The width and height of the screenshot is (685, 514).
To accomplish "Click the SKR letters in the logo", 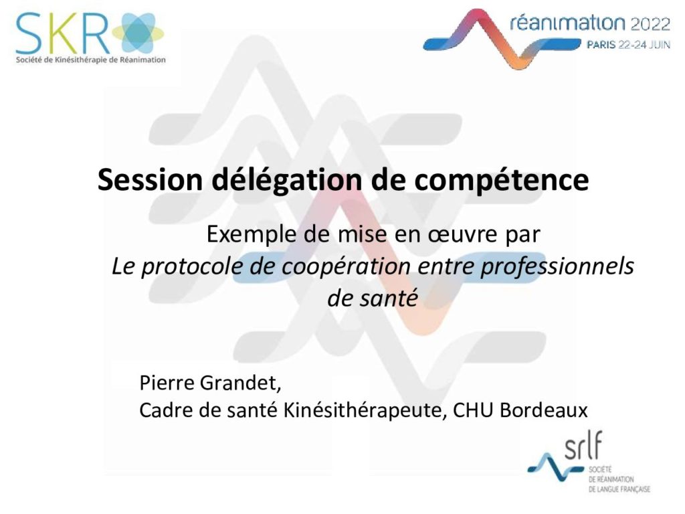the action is tap(62, 33).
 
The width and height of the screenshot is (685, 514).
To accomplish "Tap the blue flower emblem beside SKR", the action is tap(138, 33).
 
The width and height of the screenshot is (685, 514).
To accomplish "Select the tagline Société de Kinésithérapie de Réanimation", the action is tap(91, 60).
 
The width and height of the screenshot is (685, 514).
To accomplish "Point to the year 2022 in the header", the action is tap(650, 23).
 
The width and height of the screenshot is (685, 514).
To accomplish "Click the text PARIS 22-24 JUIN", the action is tap(628, 44).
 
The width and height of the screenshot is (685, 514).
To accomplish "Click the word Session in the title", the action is tap(151, 179).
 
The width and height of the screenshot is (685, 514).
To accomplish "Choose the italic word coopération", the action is tap(346, 266).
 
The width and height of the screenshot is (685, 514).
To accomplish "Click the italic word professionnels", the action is tap(557, 266).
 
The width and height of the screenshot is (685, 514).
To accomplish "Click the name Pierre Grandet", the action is tap(210, 383).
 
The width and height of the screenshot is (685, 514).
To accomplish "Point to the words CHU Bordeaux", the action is tap(520, 410).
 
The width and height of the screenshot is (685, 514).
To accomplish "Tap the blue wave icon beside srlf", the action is tap(555, 466).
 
